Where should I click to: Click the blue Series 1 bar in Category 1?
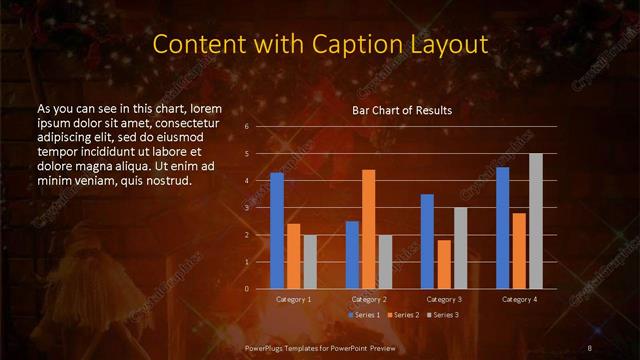click(x=277, y=231)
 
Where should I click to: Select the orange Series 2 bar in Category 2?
click(x=368, y=229)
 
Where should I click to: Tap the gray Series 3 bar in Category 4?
click(x=536, y=221)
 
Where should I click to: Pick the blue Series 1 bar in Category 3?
click(x=427, y=241)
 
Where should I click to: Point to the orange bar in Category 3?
click(x=443, y=264)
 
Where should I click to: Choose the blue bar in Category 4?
click(x=502, y=228)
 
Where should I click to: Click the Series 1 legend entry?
click(x=366, y=315)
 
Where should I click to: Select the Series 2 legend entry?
click(x=403, y=315)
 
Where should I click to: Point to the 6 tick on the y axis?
click(x=246, y=127)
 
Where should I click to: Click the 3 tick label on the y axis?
click(x=246, y=208)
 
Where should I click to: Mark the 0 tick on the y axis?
click(x=246, y=289)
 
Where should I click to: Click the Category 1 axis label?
click(x=293, y=299)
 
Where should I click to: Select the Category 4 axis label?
click(x=519, y=299)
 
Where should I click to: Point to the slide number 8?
click(x=590, y=347)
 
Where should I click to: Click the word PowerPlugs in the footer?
click(x=269, y=347)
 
